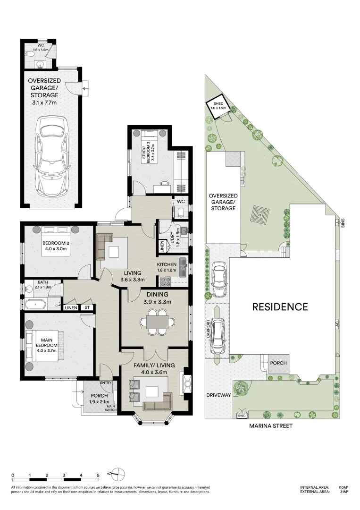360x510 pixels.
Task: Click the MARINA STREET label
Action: pyautogui.click(x=271, y=425)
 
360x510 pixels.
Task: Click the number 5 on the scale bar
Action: pyautogui.click(x=98, y=475)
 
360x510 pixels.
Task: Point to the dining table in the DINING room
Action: pyautogui.click(x=157, y=322)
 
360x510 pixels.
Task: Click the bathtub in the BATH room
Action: pyautogui.click(x=36, y=305)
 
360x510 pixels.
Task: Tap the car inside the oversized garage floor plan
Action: pyautogui.click(x=52, y=156)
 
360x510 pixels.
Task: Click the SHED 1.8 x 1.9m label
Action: pyautogui.click(x=218, y=106)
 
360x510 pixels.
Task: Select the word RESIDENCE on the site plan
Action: pyautogui.click(x=280, y=307)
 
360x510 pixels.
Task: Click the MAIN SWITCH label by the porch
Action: pyautogui.click(x=111, y=408)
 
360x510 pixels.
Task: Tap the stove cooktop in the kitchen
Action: pyautogui.click(x=166, y=281)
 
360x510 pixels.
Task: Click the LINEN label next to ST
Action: pyautogui.click(x=71, y=308)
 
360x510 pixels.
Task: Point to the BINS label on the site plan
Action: pyautogui.click(x=343, y=223)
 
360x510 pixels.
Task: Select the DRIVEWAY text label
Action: pyautogui.click(x=218, y=395)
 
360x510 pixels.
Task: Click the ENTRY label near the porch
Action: pyautogui.click(x=106, y=383)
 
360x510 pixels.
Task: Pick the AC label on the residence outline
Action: pyautogui.click(x=337, y=324)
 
